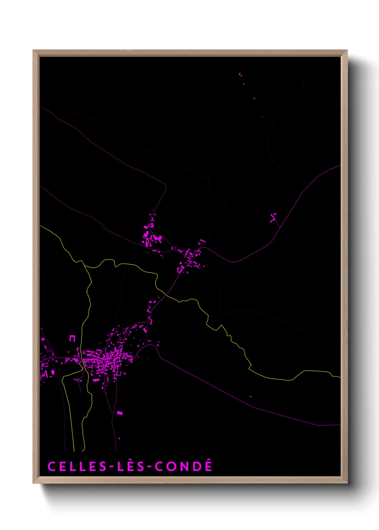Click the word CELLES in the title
coord(77,466)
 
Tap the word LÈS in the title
coord(131,466)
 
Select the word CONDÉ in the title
coord(183,466)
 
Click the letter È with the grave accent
coord(131,466)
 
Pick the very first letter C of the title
coord(52,466)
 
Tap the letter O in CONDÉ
coord(171,466)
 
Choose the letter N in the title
coord(184,466)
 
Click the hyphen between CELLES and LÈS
coord(112,467)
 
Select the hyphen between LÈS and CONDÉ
coord(149,467)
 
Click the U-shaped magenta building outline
coord(72,338)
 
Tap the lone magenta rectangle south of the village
coord(120,413)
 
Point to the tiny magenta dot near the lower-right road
coord(250,396)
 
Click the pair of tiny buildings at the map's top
coord(240,74)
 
